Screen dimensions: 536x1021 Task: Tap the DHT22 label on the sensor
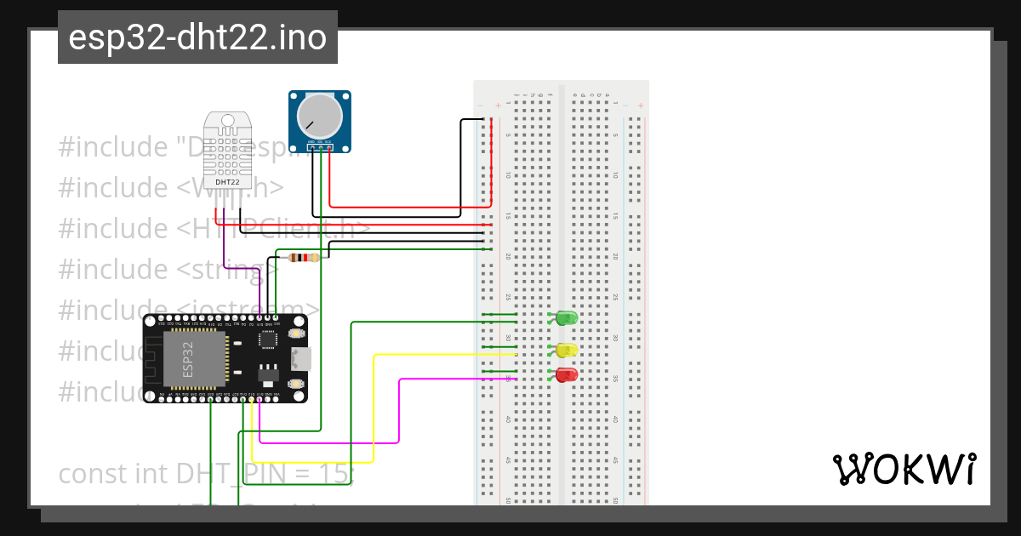[x=227, y=182]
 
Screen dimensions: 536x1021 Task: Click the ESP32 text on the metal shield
[x=189, y=359]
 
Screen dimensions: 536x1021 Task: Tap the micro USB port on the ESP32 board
[x=300, y=359]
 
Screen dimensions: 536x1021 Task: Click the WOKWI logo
[x=904, y=470]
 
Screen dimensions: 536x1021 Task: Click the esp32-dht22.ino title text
[x=197, y=38]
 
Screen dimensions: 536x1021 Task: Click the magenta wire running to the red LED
[x=399, y=408]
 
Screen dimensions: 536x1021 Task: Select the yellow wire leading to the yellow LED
[x=374, y=400]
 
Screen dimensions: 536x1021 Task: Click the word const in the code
[x=92, y=473]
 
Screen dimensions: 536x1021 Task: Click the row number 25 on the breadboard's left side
[x=508, y=297]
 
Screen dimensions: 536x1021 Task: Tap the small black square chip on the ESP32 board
[x=268, y=340]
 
